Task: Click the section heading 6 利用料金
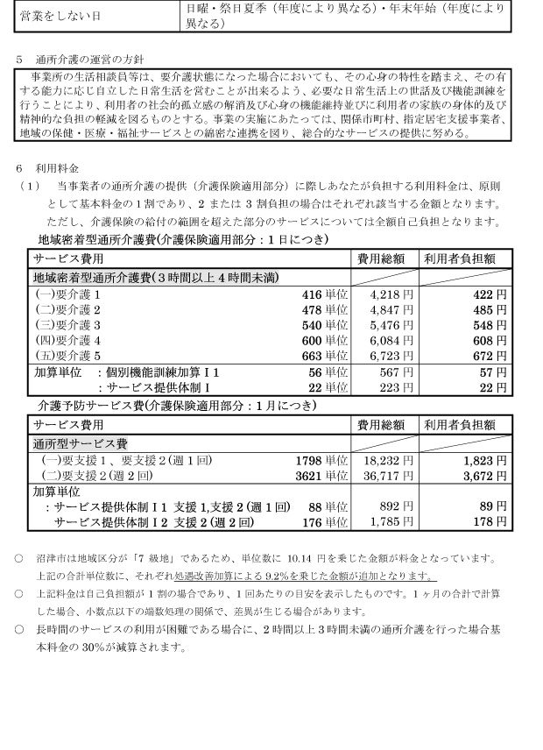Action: (52, 167)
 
